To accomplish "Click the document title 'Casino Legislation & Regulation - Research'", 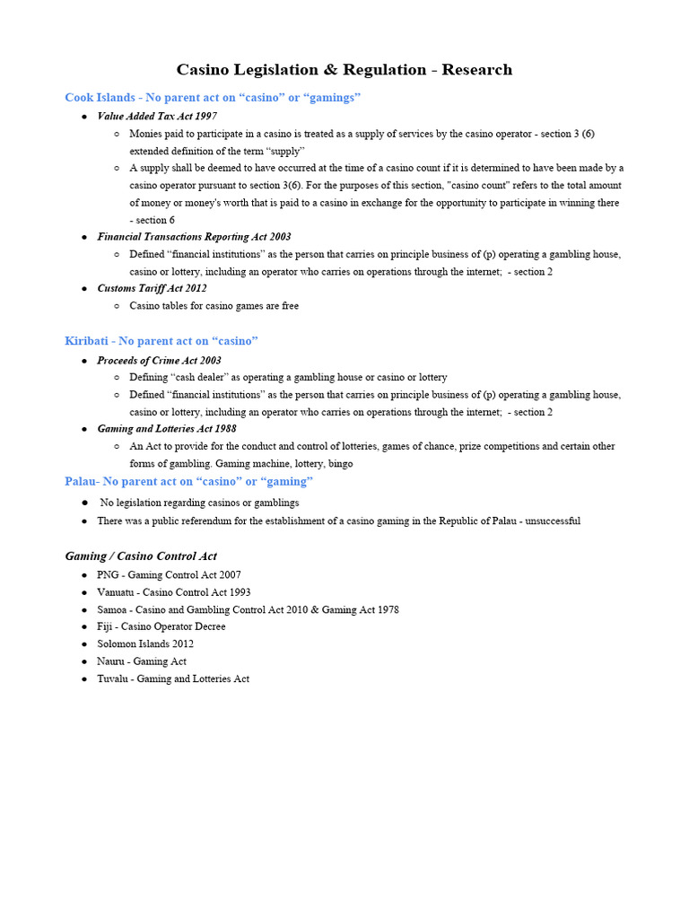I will tap(344, 70).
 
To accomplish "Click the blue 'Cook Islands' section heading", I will tap(213, 97).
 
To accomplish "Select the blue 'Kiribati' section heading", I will tap(161, 341).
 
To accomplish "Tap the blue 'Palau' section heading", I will tap(188, 482).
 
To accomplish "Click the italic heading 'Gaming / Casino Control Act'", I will tap(141, 556).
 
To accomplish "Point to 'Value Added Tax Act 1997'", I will tap(157, 117).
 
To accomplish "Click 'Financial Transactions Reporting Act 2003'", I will tap(194, 237).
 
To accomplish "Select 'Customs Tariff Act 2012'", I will tap(152, 289).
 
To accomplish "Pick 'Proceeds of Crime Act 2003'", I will tap(159, 361).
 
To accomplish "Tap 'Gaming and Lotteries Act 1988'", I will tap(167, 429).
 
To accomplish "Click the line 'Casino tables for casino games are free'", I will tap(214, 306).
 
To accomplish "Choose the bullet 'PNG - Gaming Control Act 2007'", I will tap(169, 575).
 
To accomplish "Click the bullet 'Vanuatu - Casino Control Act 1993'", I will tap(174, 592).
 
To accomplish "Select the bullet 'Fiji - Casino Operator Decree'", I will tap(161, 626).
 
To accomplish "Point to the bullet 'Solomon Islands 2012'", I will tap(145, 643).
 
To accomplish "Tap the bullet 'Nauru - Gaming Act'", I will tap(142, 661).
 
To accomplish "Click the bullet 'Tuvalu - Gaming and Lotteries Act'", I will tap(173, 678).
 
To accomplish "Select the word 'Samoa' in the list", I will tap(112, 609).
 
